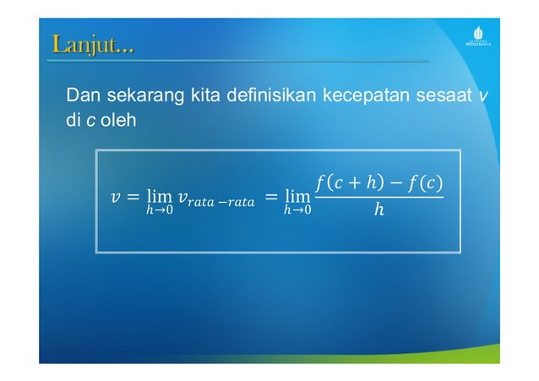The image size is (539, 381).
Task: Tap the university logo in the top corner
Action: click(x=478, y=39)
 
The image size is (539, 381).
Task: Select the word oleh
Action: click(x=117, y=121)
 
